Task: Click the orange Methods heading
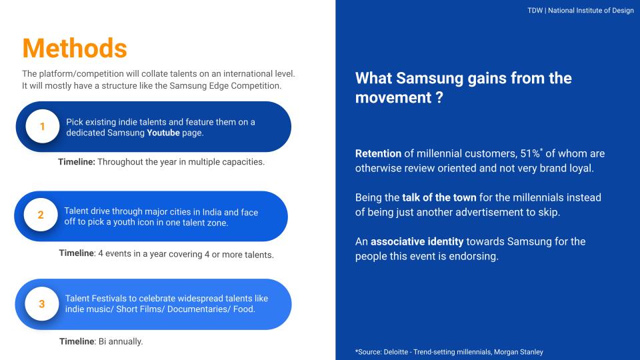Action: click(x=75, y=48)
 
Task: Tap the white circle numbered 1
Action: click(x=43, y=126)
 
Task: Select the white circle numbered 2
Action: click(x=41, y=215)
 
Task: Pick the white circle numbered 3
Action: click(x=41, y=304)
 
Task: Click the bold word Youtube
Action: click(x=163, y=133)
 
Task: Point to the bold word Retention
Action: click(x=379, y=153)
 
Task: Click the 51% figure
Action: click(x=530, y=153)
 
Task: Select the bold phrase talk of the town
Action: click(x=439, y=197)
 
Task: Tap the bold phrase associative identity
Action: click(x=417, y=241)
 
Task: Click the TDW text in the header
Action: click(x=535, y=11)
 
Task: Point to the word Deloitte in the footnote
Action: click(x=395, y=352)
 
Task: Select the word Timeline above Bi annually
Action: click(x=77, y=341)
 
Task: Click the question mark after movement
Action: click(x=439, y=98)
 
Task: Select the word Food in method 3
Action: click(x=244, y=309)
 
